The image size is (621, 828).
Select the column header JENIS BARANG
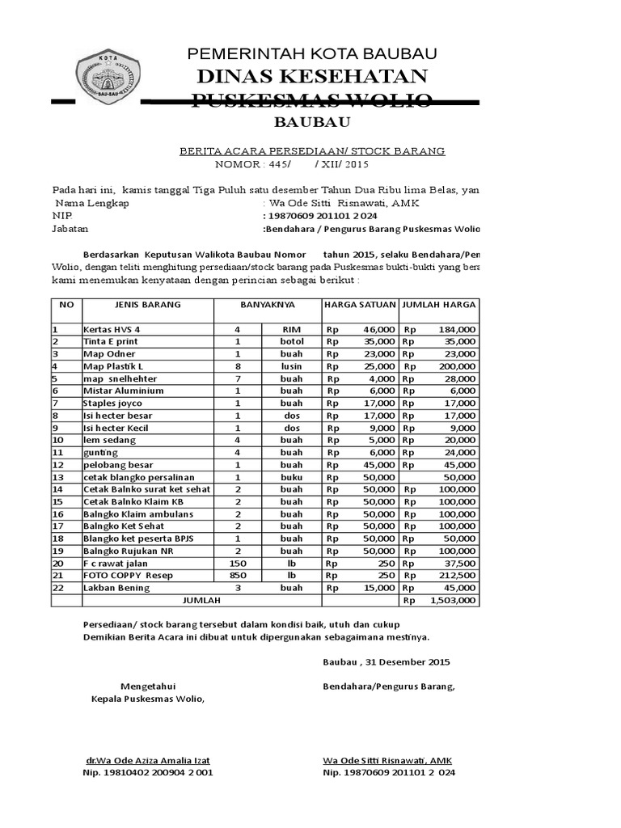tap(132, 305)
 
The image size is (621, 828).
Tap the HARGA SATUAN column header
tap(360, 305)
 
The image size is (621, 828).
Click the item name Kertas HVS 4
tap(112, 330)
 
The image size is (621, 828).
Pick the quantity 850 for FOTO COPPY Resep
tap(238, 575)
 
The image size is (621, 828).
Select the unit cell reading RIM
tap(292, 330)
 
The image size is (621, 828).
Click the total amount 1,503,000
tap(453, 600)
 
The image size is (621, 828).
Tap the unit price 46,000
tap(378, 330)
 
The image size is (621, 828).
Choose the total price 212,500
tap(458, 576)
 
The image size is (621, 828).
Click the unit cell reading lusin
tap(292, 366)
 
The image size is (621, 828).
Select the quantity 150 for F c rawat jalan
tap(238, 563)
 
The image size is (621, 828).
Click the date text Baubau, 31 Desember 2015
tap(387, 662)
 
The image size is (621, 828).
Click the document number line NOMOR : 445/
tap(251, 164)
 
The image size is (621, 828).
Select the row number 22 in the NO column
tap(57, 588)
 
